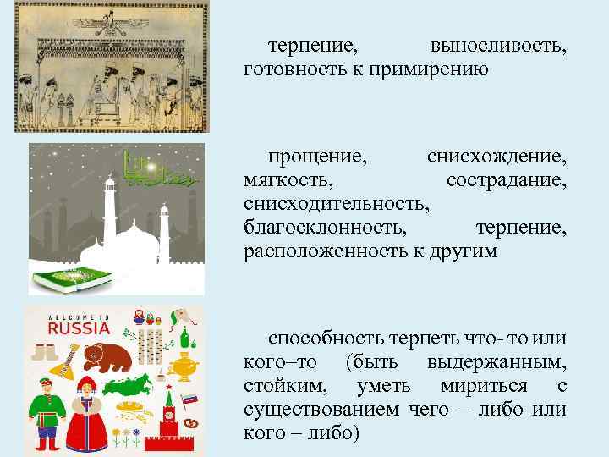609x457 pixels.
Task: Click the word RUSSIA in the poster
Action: (x=79, y=328)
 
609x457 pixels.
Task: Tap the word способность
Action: (x=326, y=339)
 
